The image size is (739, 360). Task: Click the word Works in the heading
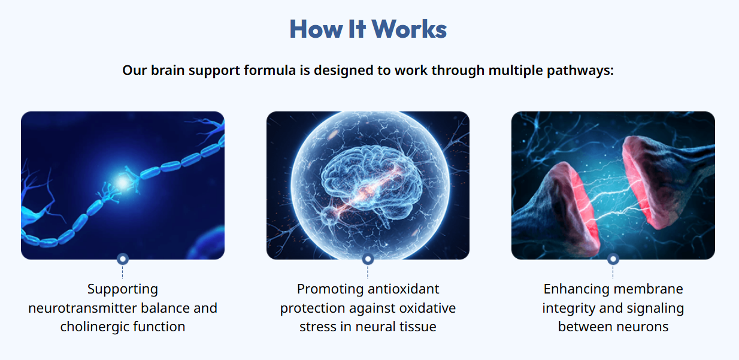[409, 29]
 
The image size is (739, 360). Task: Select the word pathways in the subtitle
[580, 70]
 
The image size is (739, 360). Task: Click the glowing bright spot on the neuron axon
[123, 182]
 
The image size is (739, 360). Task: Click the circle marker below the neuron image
[123, 259]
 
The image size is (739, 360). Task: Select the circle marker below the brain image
[368, 259]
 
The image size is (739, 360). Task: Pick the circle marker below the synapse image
[613, 259]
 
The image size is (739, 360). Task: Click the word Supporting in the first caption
[123, 289]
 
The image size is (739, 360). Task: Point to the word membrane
[648, 289]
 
